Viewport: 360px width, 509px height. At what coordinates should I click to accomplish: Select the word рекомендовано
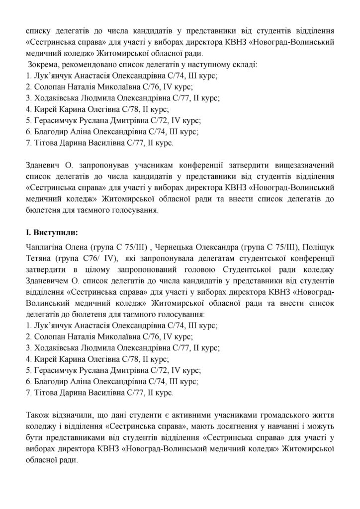click(86, 65)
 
